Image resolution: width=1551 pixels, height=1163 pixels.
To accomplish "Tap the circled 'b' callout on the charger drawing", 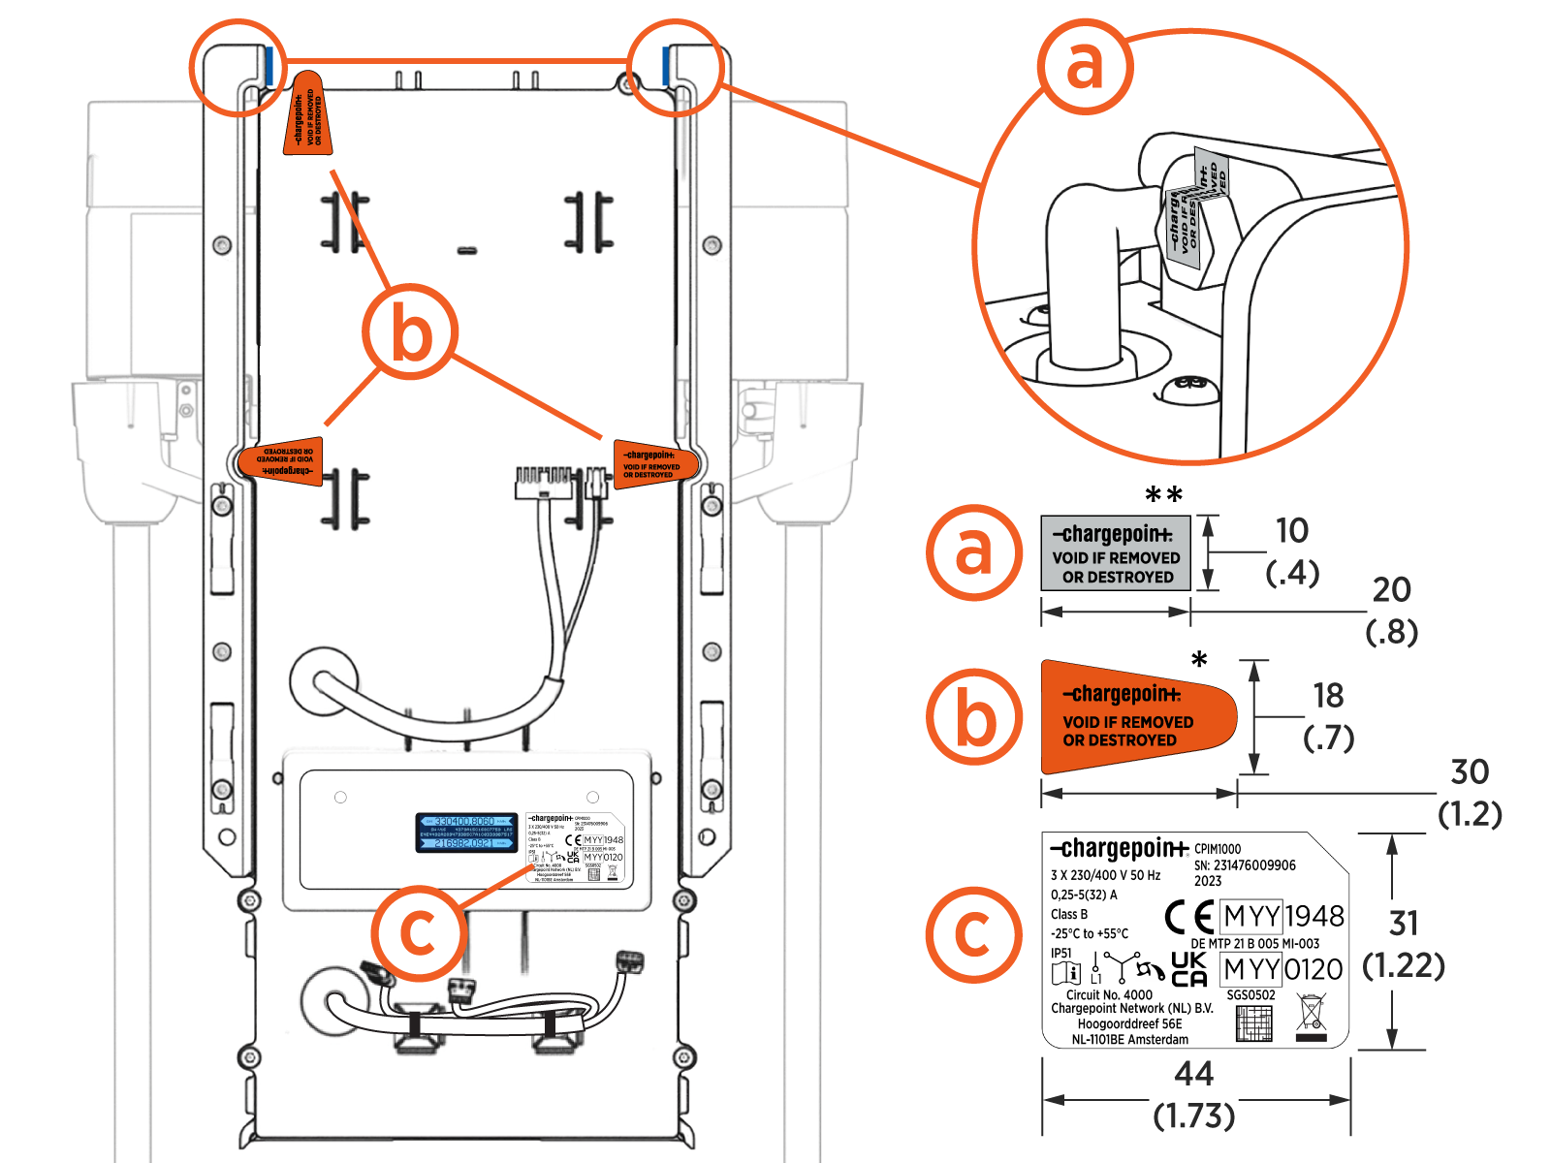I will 410,332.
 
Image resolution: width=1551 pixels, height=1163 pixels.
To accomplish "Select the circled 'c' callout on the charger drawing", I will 418,932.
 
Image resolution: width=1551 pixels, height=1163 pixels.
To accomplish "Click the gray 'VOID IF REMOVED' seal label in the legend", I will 1115,553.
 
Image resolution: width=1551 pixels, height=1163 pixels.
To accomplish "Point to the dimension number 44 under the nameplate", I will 1193,1074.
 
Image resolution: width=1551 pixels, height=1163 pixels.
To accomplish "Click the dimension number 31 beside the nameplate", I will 1404,923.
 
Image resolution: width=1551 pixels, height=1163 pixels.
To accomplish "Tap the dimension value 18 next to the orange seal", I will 1328,695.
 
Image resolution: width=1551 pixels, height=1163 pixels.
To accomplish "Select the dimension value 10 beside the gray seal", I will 1292,530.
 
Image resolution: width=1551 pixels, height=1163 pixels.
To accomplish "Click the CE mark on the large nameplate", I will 1189,916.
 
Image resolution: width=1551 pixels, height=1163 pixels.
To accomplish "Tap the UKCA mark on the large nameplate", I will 1189,969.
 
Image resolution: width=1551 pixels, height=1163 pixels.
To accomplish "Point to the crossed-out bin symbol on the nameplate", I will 1311,1018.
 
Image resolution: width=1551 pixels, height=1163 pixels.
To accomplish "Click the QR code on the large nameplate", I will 1254,1023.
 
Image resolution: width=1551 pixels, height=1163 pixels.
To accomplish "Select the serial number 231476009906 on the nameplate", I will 1254,865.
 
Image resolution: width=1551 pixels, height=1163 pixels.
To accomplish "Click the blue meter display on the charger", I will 466,833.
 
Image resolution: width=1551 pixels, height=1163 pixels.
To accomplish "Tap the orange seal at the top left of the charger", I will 308,114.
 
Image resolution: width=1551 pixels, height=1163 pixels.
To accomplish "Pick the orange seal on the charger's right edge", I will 654,464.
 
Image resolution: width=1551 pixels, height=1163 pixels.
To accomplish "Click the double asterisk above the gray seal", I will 1163,496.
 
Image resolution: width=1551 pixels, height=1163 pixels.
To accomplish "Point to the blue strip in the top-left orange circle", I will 268,65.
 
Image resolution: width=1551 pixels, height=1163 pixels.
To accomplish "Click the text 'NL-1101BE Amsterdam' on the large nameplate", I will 1129,1040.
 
